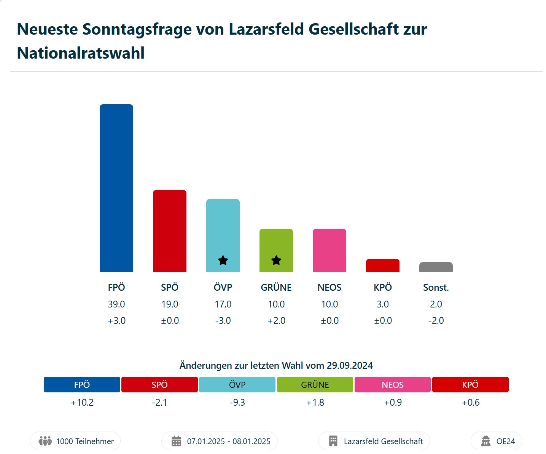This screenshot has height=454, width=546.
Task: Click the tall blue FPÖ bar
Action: pyautogui.click(x=116, y=188)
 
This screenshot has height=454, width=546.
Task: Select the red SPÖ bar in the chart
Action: pyautogui.click(x=170, y=231)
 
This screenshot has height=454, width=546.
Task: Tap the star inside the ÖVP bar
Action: pyautogui.click(x=223, y=261)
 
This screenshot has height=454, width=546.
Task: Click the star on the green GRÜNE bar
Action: pyautogui.click(x=276, y=261)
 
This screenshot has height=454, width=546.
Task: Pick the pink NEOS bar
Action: pyautogui.click(x=330, y=250)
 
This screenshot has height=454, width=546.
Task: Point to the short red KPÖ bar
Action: pyautogui.click(x=383, y=265)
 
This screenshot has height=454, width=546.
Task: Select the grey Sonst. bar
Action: pyautogui.click(x=436, y=267)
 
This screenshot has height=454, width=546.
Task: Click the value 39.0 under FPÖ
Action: pyautogui.click(x=116, y=304)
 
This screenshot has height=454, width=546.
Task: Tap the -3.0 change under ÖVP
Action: pyautogui.click(x=223, y=320)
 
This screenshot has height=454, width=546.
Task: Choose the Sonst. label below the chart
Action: pyautogui.click(x=436, y=287)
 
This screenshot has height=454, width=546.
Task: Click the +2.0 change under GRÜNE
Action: pyautogui.click(x=276, y=320)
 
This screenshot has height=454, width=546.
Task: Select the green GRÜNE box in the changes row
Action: pyautogui.click(x=315, y=384)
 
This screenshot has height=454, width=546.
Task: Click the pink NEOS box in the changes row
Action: pyautogui.click(x=393, y=384)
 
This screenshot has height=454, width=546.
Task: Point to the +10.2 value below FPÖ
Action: pyautogui.click(x=82, y=402)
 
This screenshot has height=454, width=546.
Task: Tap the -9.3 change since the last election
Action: pyautogui.click(x=237, y=402)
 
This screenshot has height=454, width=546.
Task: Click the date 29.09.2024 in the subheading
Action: pyautogui.click(x=350, y=365)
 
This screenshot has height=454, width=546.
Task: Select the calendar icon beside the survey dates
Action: pyautogui.click(x=177, y=441)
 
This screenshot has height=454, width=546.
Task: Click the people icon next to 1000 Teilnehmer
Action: pyautogui.click(x=45, y=441)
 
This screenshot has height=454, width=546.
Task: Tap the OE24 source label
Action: pyautogui.click(x=505, y=441)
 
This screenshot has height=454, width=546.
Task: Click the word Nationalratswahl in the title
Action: pyautogui.click(x=81, y=53)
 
